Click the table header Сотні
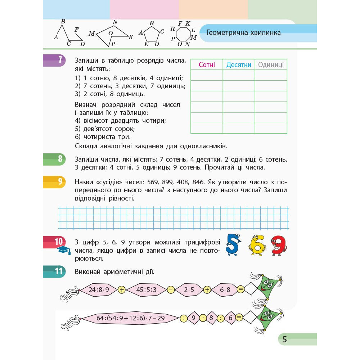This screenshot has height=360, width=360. click(207, 65)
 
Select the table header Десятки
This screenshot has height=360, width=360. click(239, 65)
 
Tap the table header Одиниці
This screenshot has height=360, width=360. click(271, 65)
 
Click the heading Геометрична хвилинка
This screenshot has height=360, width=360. click(244, 33)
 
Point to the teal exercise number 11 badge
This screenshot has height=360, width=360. click(59, 271)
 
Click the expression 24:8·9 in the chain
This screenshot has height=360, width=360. click(98, 289)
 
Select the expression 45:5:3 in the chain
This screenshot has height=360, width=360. click(146, 289)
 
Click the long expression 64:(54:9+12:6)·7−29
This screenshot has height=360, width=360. click(130, 318)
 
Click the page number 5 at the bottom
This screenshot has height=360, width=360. click(284, 339)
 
